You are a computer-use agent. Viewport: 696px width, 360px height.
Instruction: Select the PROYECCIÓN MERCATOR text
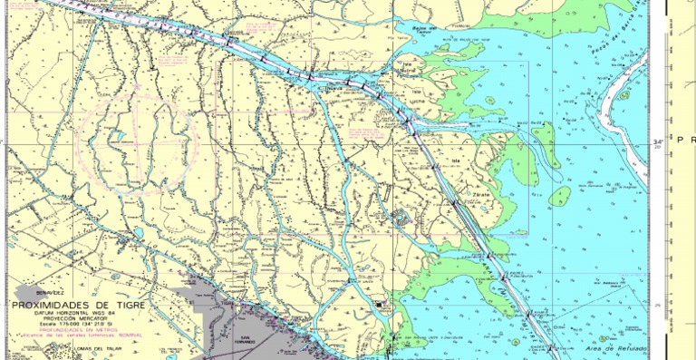(x=77, y=319)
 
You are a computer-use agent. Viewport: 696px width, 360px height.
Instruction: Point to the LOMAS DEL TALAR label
(x=100, y=349)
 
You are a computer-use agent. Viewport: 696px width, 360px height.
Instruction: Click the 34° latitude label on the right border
(x=659, y=142)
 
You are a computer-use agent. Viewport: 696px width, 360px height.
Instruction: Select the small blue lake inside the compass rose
(x=119, y=139)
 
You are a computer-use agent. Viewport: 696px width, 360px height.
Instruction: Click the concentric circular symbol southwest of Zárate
(x=400, y=216)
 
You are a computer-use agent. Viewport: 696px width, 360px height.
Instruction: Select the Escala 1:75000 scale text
(x=77, y=325)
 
